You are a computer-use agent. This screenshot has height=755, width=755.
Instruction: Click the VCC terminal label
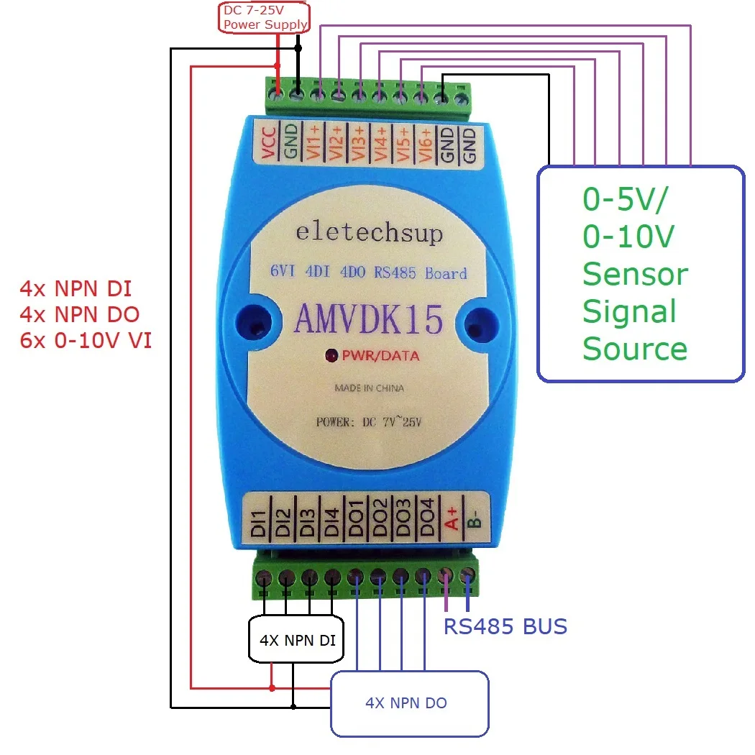[268, 143]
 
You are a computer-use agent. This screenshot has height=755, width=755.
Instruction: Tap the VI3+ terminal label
[358, 143]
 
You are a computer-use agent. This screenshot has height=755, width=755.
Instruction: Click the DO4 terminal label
[426, 518]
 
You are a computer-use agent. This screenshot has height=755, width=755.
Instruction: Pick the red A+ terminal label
[452, 518]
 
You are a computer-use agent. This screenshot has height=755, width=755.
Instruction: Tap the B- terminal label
[475, 519]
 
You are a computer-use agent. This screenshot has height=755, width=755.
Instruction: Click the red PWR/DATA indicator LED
[331, 356]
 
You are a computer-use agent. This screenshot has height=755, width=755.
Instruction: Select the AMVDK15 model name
[368, 319]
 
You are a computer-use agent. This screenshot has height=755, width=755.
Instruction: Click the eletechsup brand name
[370, 233]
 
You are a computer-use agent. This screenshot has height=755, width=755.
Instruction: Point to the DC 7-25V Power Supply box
[264, 18]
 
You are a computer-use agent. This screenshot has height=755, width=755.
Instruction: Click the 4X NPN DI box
[296, 639]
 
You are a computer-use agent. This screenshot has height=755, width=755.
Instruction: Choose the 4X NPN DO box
[410, 703]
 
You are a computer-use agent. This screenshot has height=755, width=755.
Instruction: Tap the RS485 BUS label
[505, 626]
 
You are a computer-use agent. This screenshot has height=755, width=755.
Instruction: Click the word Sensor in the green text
[636, 274]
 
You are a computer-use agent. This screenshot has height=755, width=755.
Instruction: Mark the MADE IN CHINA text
[370, 388]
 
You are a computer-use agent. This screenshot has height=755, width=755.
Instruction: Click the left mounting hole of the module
[254, 321]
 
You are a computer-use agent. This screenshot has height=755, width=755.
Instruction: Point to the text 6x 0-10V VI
[86, 340]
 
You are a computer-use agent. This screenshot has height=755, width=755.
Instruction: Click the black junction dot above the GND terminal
[298, 48]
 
